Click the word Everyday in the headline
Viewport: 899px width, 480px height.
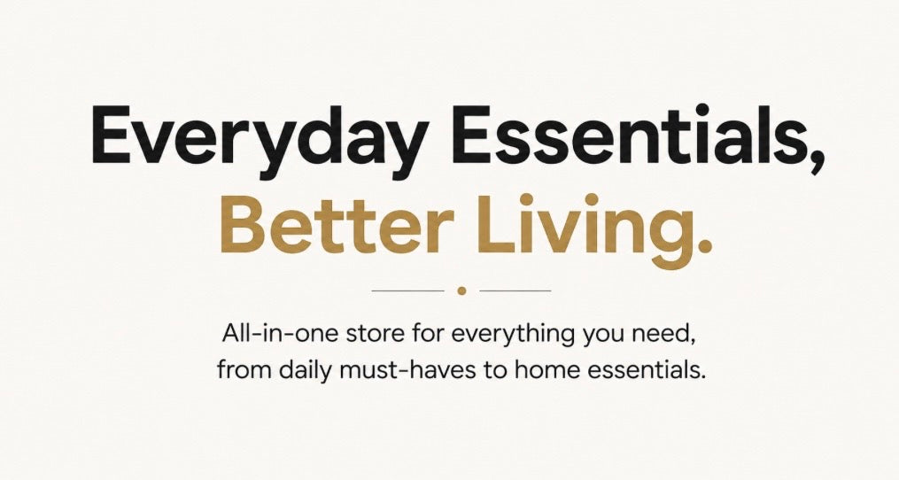(x=259, y=138)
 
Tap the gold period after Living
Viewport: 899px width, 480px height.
(x=702, y=245)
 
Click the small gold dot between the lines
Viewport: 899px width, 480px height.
(x=461, y=290)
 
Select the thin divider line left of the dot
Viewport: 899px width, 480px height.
(x=408, y=290)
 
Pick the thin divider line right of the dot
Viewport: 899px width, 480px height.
(x=515, y=290)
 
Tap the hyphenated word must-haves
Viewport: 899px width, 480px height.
(x=407, y=370)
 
